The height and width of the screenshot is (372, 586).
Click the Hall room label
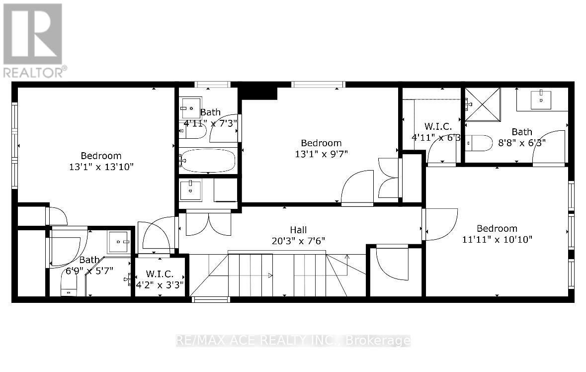pos(298,230)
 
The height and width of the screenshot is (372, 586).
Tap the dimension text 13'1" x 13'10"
pos(101,167)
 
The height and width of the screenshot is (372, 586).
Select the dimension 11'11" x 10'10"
pos(497,239)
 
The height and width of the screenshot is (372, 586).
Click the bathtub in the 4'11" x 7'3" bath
pos(207,160)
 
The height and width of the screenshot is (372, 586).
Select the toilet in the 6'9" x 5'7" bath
pos(68,286)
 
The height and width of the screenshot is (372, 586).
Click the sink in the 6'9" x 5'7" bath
pos(119,242)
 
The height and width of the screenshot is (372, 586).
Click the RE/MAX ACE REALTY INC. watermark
pos(293,341)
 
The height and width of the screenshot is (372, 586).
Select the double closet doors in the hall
pos(208,223)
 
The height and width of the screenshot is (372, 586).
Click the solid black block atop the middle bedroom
pos(258,92)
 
